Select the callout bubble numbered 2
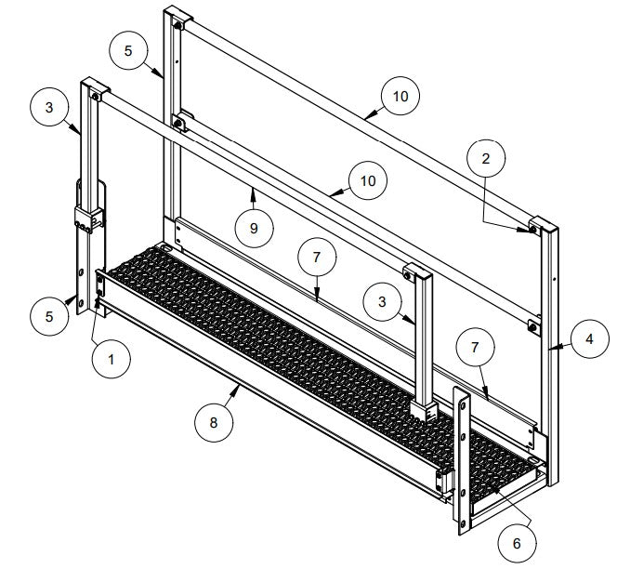pyautogui.click(x=485, y=157)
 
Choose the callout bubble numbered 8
pyautogui.click(x=214, y=423)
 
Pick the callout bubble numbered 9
pyautogui.click(x=254, y=228)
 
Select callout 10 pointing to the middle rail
pyautogui.click(x=368, y=180)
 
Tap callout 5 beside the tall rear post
pyautogui.click(x=128, y=51)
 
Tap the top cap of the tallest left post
pyautogui.click(x=177, y=17)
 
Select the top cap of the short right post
pyautogui.click(x=420, y=273)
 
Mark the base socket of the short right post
pyautogui.click(x=424, y=408)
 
